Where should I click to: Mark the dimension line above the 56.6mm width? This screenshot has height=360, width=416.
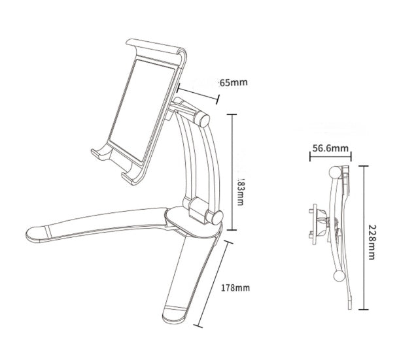[330, 157]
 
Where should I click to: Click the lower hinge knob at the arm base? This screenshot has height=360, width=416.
[195, 211]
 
